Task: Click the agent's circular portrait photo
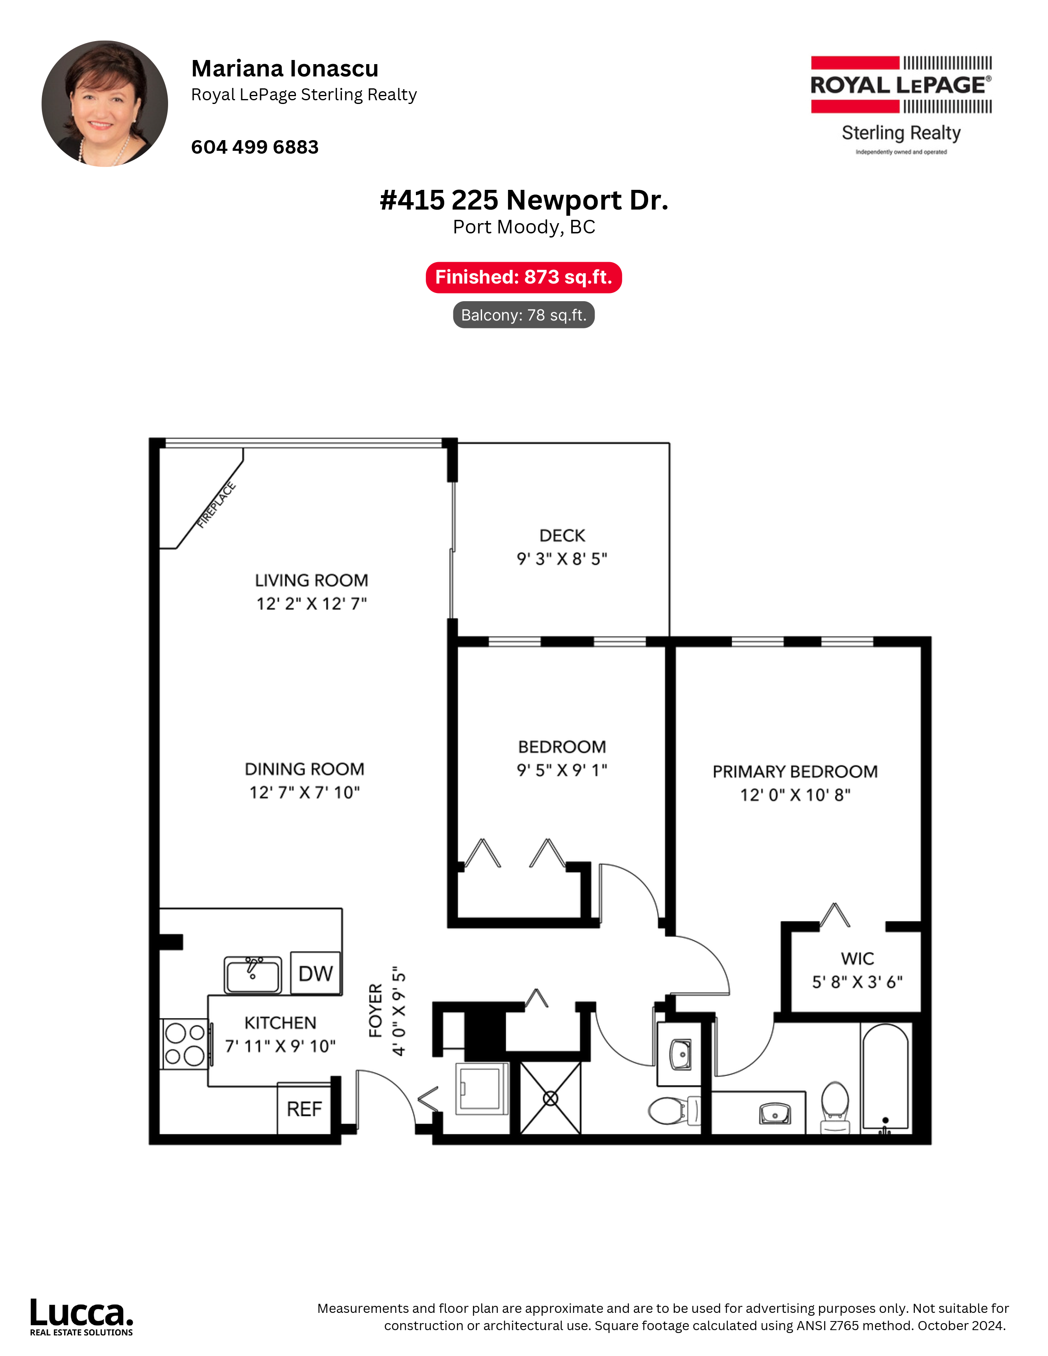(x=105, y=104)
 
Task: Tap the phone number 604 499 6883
(x=254, y=147)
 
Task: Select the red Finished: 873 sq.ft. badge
(x=523, y=277)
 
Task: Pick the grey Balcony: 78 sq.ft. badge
(x=523, y=315)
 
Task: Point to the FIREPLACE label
(x=217, y=505)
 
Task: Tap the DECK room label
(x=562, y=535)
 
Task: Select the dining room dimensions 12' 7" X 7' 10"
(x=304, y=792)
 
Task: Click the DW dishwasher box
(x=315, y=973)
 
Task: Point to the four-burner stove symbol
(x=185, y=1044)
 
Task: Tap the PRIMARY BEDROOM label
(x=795, y=771)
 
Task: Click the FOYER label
(x=375, y=1010)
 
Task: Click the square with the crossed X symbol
(x=550, y=1098)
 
